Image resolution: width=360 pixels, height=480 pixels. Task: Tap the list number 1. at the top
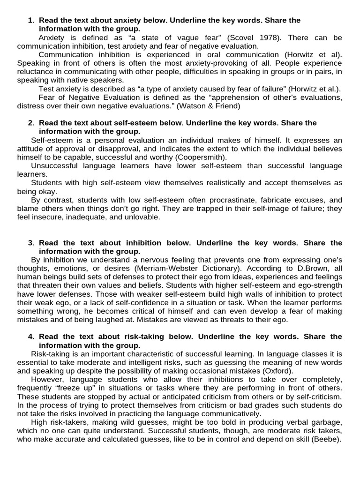[31, 20]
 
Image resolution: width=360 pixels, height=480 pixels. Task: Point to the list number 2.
[31, 123]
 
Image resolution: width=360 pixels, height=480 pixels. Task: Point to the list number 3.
[31, 243]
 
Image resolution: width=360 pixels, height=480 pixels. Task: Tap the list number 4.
[31, 337]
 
